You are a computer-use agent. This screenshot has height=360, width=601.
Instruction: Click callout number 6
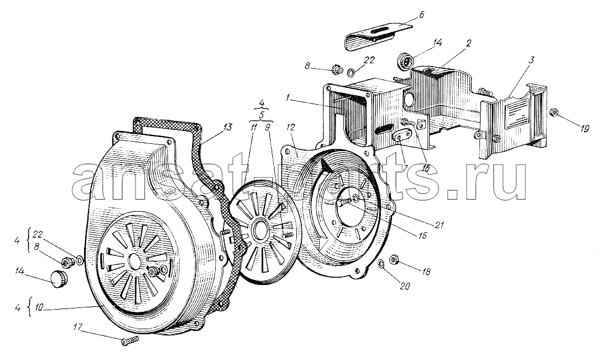[421, 15]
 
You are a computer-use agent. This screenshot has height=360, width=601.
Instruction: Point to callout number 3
[532, 60]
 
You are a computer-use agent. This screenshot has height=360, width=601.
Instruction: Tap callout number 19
[584, 129]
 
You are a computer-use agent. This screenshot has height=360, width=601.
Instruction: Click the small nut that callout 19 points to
[553, 112]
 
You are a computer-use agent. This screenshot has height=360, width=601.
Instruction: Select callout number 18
[426, 272]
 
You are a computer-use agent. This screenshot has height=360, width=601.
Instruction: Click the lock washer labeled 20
[381, 264]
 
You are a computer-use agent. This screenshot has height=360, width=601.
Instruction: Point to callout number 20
[404, 286]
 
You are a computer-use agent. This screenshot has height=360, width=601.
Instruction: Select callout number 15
[422, 236]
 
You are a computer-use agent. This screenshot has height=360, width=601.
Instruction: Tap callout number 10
[39, 307]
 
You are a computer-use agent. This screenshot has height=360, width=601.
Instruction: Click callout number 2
[468, 43]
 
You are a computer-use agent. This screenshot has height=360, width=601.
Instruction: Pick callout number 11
[253, 128]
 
